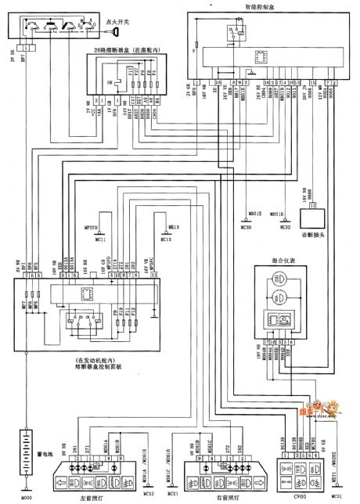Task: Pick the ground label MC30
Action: tap(248, 227)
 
